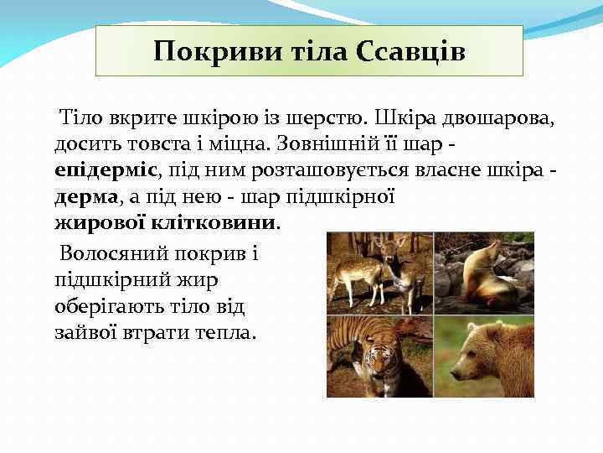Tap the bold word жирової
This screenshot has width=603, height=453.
point(95,224)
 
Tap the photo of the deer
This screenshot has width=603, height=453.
point(379,272)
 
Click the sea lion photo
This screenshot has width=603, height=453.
point(484,273)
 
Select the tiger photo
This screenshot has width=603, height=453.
point(379,357)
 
